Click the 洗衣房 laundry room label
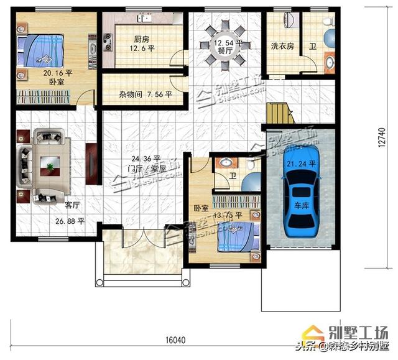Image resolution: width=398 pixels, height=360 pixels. coord(282,46)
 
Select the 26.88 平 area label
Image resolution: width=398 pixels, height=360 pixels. coord(70,221)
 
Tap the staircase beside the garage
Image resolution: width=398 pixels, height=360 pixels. coord(279,114)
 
